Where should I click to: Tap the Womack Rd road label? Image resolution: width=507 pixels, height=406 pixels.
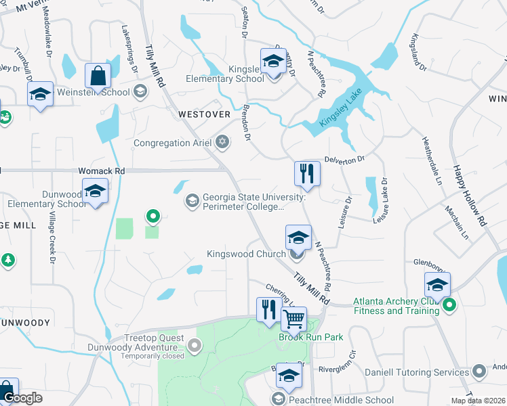click(x=102, y=172)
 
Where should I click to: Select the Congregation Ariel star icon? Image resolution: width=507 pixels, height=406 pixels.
click(x=222, y=143)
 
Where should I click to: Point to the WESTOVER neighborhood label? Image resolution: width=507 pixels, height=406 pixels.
click(x=204, y=115)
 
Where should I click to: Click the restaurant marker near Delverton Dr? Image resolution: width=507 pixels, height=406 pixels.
click(x=307, y=173)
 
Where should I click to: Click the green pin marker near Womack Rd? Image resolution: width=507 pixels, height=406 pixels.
click(x=153, y=217)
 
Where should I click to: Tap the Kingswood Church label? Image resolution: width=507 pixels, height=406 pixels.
click(x=248, y=255)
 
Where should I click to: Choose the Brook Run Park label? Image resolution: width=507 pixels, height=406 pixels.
click(x=311, y=337)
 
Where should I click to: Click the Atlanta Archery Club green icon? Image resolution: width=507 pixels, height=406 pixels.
click(x=448, y=307)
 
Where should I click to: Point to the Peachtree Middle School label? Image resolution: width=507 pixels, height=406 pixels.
click(x=341, y=400)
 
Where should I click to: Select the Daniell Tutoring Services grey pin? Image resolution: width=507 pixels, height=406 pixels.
click(x=479, y=371)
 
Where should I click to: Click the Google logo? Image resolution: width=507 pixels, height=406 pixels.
click(x=22, y=398)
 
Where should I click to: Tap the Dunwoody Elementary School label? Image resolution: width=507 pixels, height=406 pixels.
click(x=44, y=199)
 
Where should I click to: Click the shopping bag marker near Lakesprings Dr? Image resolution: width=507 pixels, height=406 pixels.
click(x=98, y=76)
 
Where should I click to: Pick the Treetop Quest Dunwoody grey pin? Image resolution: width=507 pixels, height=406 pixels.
click(x=195, y=347)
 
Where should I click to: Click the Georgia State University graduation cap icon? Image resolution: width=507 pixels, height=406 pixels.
click(x=192, y=200)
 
